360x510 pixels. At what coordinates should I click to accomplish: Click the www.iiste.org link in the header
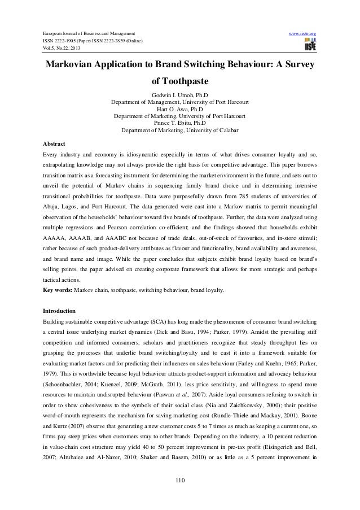pyautogui.click(x=304, y=36)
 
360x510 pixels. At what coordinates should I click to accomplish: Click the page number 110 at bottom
pyautogui.click(x=179, y=481)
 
